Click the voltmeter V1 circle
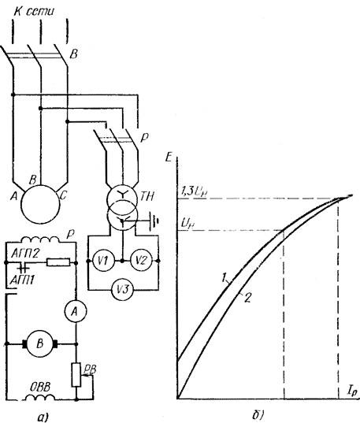pyautogui.click(x=104, y=261)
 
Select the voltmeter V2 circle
pyautogui.click(x=141, y=261)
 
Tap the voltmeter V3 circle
pyautogui.click(x=124, y=290)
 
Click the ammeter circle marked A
pyautogui.click(x=76, y=312)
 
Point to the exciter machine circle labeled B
pyautogui.click(x=40, y=343)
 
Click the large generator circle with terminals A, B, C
pyautogui.click(x=40, y=204)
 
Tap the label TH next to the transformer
pyautogui.click(x=147, y=197)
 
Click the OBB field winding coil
pyautogui.click(x=40, y=397)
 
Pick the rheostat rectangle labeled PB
pyautogui.click(x=76, y=375)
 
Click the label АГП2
pyautogui.click(x=25, y=254)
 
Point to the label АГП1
pyautogui.click(x=22, y=281)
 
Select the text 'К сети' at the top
pyautogui.click(x=34, y=11)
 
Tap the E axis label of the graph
pyautogui.click(x=169, y=158)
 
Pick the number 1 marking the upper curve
pyautogui.click(x=224, y=277)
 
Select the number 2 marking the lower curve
pyautogui.click(x=247, y=298)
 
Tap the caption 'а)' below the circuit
pyautogui.click(x=43, y=417)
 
